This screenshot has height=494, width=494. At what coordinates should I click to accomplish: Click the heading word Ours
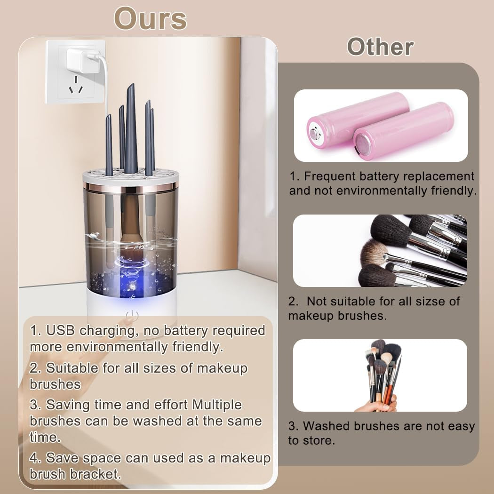point(151,19)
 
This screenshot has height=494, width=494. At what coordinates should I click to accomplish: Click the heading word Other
point(380,47)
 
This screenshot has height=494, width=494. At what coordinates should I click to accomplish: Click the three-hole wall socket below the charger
point(75,87)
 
